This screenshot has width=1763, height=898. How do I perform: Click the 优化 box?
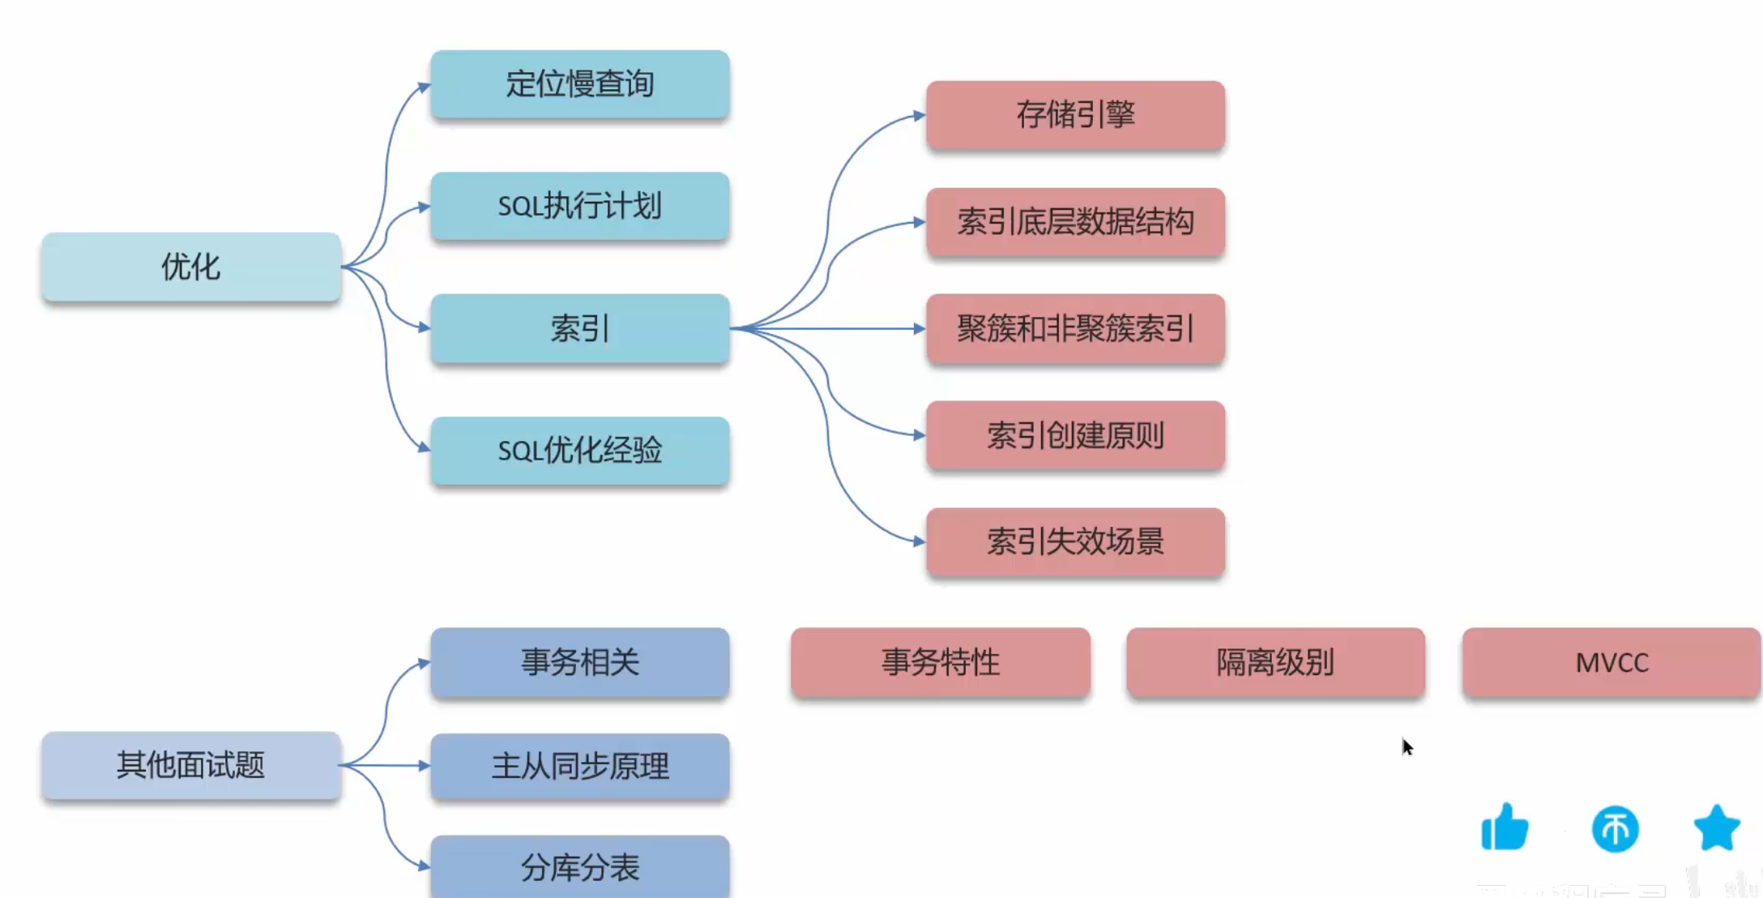[x=191, y=267]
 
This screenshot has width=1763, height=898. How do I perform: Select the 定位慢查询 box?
[x=580, y=84]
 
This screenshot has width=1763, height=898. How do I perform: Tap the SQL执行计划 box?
[x=580, y=206]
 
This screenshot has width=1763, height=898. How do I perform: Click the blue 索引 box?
[x=580, y=328]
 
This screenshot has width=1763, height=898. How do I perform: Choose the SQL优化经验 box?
[x=580, y=451]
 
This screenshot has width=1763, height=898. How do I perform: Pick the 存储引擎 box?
[x=1075, y=115]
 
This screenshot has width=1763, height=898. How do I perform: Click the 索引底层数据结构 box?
[x=1075, y=222]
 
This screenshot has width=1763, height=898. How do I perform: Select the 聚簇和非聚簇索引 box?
[x=1075, y=329]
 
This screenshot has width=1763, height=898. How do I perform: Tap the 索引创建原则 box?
[x=1075, y=436]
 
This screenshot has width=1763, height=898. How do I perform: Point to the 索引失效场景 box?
[x=1075, y=542]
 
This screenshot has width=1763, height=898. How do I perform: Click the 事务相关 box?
[x=580, y=662]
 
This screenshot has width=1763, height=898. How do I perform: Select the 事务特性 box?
[x=941, y=662]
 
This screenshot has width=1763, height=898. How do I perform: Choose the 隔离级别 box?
[x=1275, y=662]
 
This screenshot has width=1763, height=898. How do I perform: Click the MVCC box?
[x=1611, y=662]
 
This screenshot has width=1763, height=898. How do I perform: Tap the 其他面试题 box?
[x=191, y=765]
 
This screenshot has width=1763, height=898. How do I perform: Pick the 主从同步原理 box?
[x=580, y=767]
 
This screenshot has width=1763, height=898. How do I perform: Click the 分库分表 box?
[x=580, y=867]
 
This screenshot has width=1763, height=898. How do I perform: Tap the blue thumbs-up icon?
[x=1505, y=827]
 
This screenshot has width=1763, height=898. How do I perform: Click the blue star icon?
[x=1717, y=827]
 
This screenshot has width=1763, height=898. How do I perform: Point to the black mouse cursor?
[x=1407, y=746]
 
